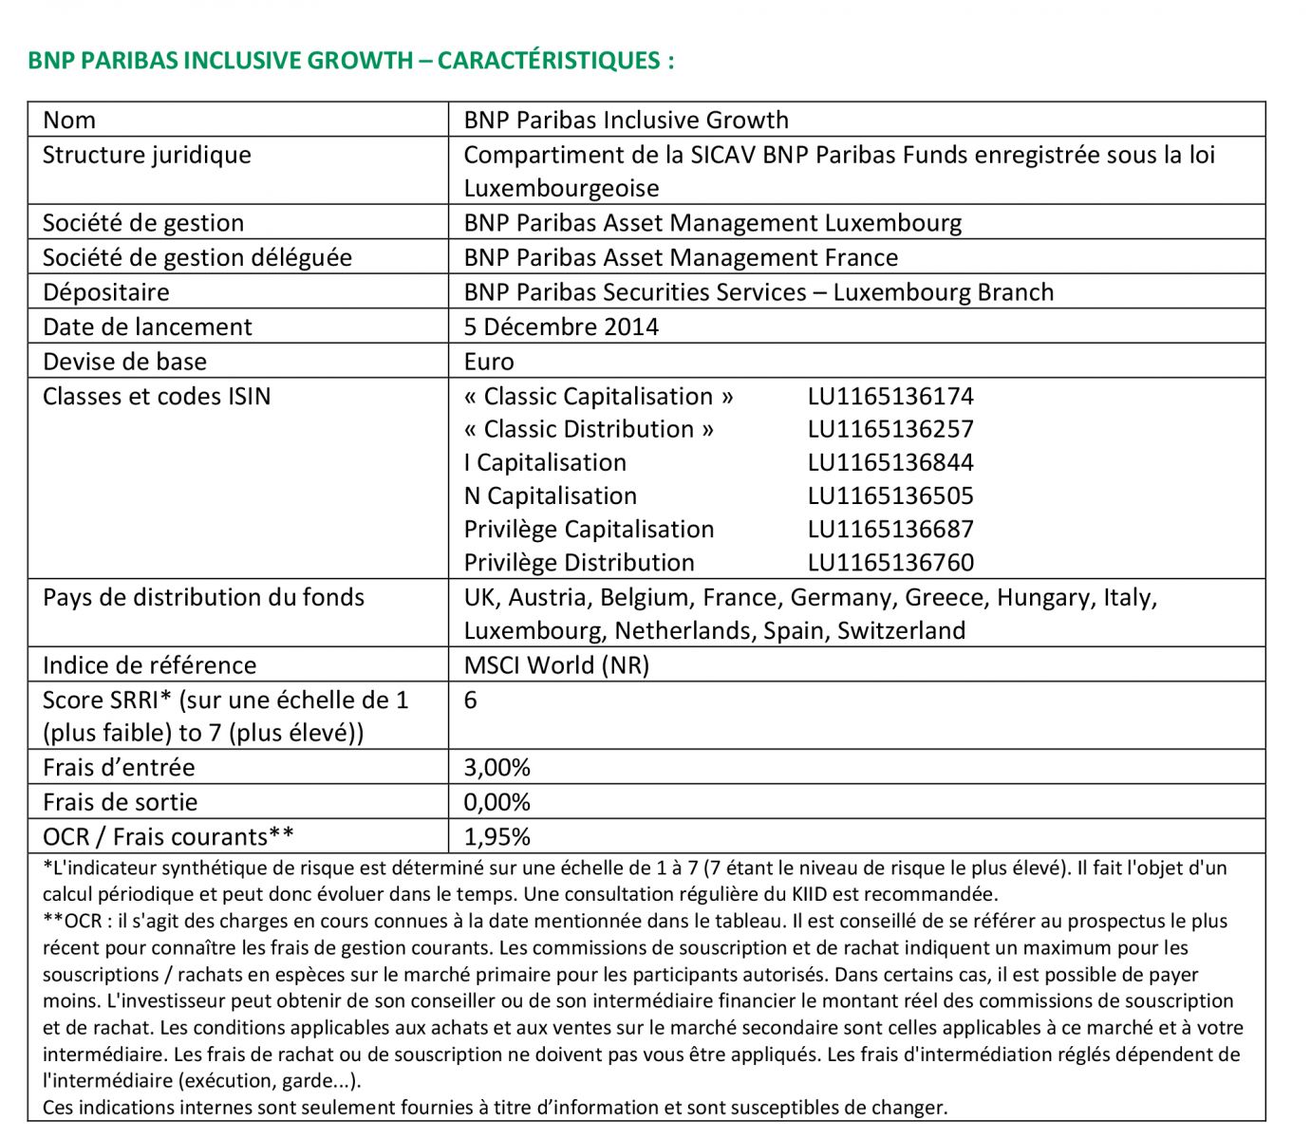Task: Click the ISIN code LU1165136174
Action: [890, 397]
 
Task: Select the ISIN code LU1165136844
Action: [890, 463]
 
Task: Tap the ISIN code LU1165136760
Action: [890, 563]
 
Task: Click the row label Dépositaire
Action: [105, 292]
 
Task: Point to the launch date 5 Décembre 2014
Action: [560, 327]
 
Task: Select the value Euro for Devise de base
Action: [488, 363]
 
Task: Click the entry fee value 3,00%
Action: [496, 768]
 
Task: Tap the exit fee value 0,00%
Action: [496, 803]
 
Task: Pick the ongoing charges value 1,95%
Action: [496, 837]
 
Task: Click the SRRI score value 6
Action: [471, 700]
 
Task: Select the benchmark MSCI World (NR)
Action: [556, 665]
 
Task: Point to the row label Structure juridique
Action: [146, 156]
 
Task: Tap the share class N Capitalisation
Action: [550, 496]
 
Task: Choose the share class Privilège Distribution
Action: [578, 563]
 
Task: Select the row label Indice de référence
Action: [149, 665]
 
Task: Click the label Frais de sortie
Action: [120, 803]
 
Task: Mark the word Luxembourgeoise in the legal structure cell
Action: [561, 189]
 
